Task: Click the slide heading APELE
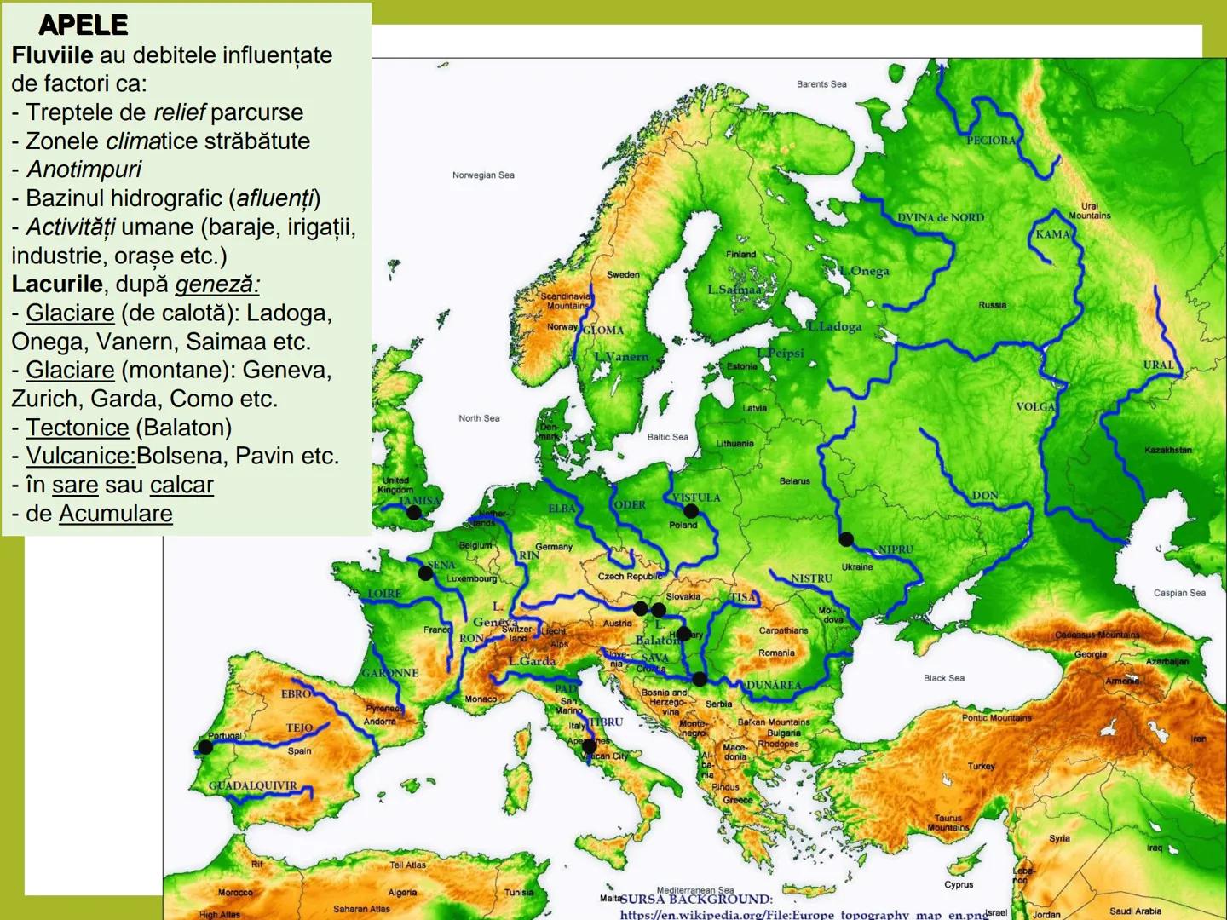[84, 26]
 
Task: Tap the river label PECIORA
[991, 141]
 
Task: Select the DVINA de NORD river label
[940, 218]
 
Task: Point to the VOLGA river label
[1035, 407]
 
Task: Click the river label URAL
[1158, 365]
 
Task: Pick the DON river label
[985, 496]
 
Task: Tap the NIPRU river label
[895, 550]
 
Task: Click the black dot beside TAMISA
[414, 513]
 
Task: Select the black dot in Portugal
[204, 747]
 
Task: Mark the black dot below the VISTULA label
[691, 511]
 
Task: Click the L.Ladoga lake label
[835, 326]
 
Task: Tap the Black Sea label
[944, 678]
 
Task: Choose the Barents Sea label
[821, 84]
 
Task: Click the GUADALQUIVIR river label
[253, 785]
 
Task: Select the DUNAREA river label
[774, 686]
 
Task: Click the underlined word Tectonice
[78, 428]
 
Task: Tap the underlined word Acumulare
[115, 514]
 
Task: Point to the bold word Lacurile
[56, 284]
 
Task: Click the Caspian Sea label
[1179, 593]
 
